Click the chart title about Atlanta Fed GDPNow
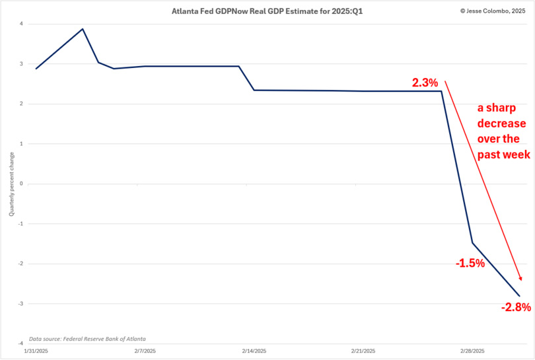[x=267, y=11]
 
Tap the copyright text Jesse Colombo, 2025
[x=491, y=11]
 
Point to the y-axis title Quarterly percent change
[x=11, y=184]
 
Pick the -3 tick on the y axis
[x=20, y=303]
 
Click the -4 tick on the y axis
[x=20, y=343]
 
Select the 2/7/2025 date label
[x=145, y=351]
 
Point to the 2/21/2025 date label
[x=364, y=351]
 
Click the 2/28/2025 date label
[x=473, y=351]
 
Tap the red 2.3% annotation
[x=425, y=83]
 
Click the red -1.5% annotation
[x=470, y=263]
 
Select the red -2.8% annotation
[x=516, y=307]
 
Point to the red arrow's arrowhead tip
[x=521, y=281]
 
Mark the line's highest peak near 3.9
[x=83, y=29]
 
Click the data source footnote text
[x=87, y=338]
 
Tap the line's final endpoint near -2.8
[x=520, y=296]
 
